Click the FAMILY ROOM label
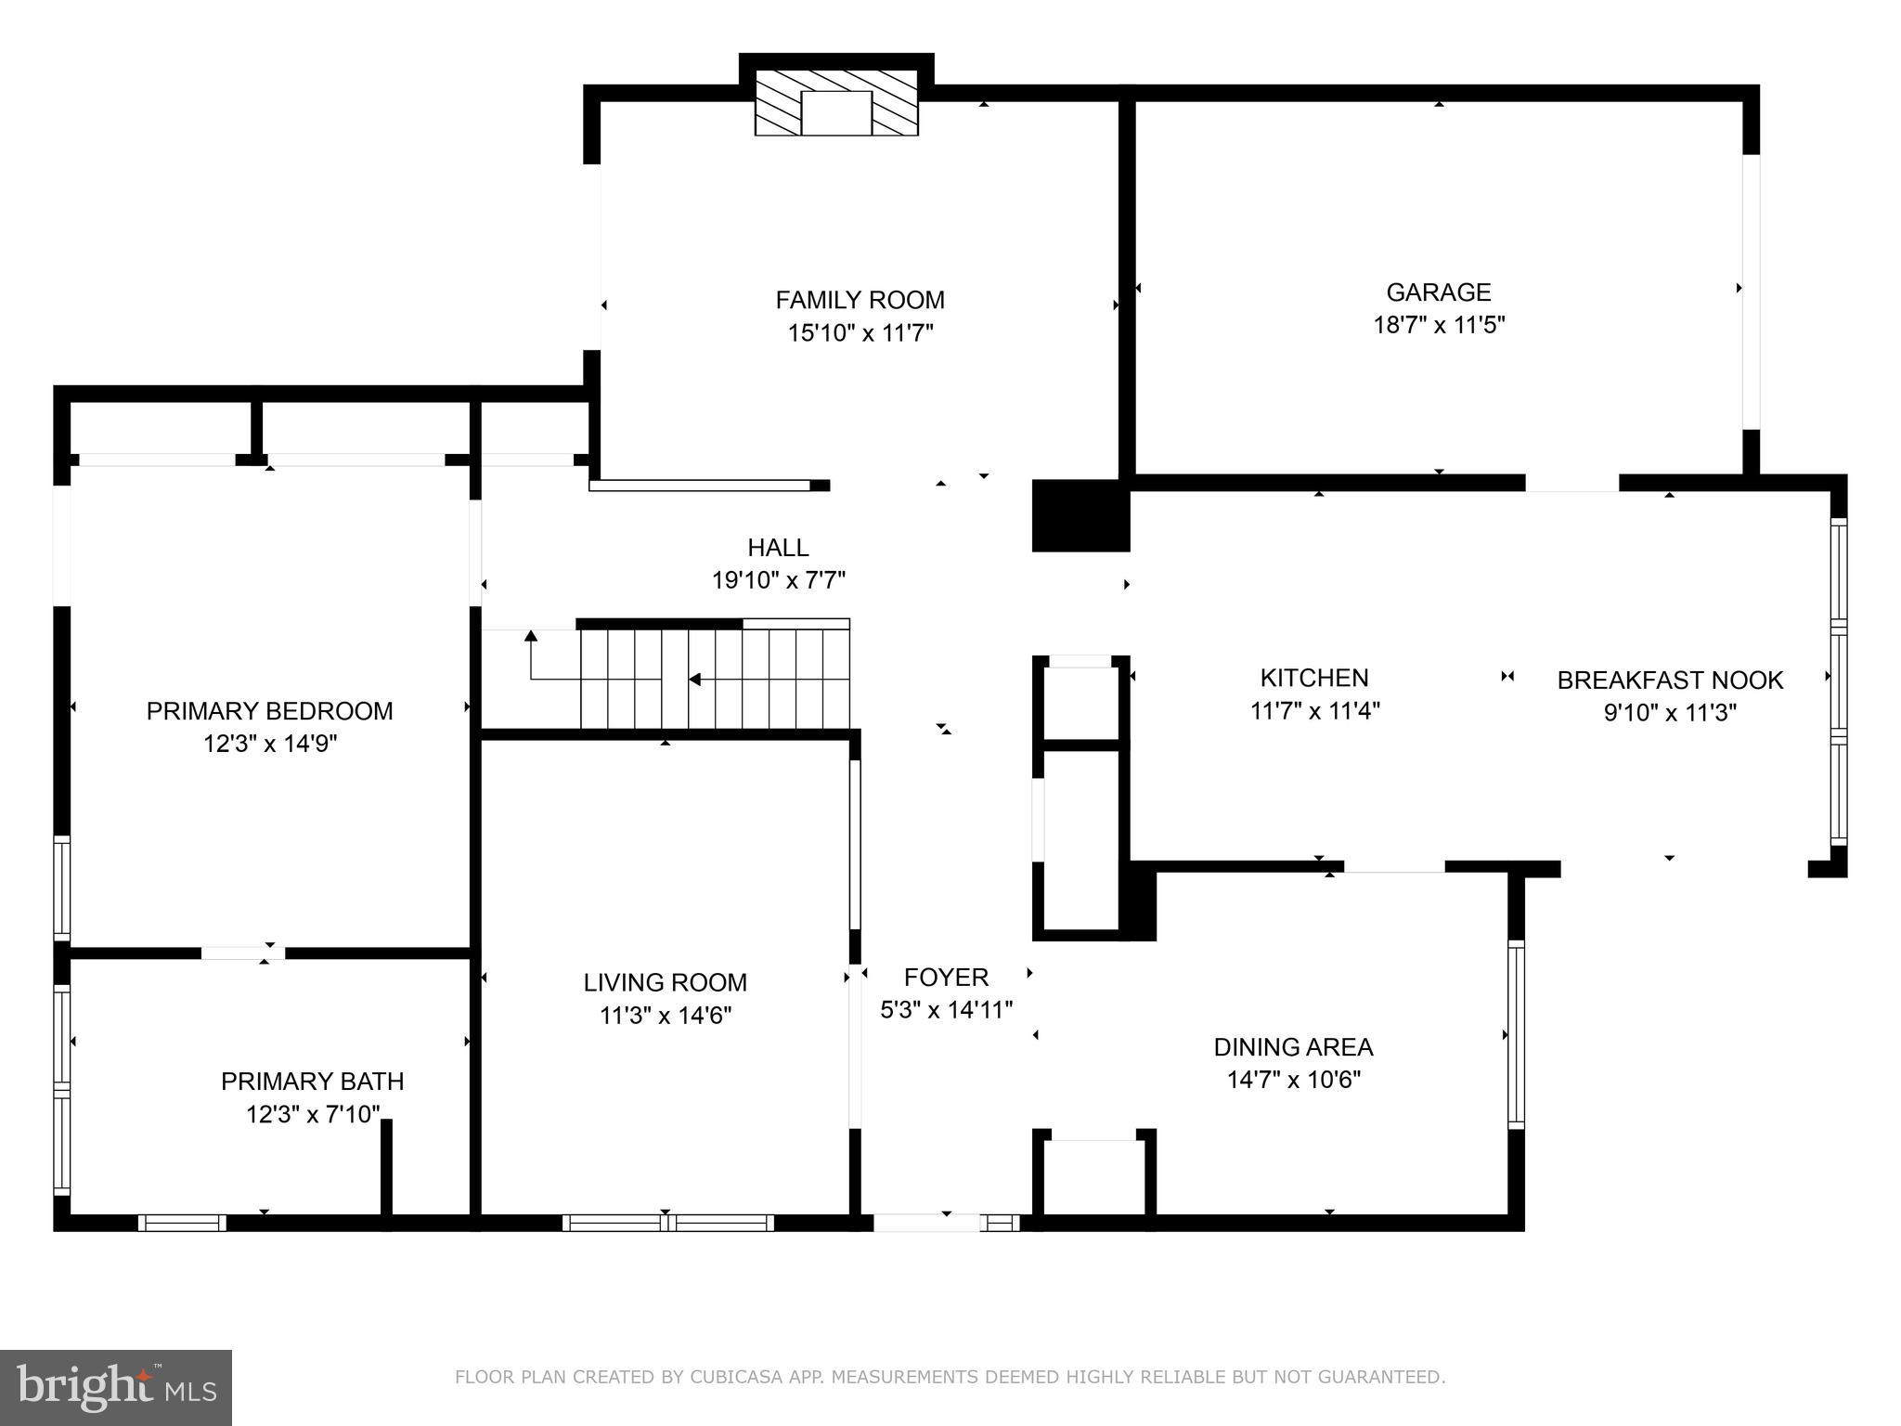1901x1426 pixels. (x=860, y=300)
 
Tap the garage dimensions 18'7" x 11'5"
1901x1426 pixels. (x=1438, y=325)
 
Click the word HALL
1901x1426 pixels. (x=778, y=548)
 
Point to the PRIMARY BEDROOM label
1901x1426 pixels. (x=269, y=711)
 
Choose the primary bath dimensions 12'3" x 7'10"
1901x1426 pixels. (x=313, y=1114)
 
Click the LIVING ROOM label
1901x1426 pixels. (x=665, y=982)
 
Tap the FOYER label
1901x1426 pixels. (x=946, y=977)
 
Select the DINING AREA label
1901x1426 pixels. (x=1293, y=1047)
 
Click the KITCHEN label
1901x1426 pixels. (x=1313, y=678)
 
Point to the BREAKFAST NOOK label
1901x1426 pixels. (x=1669, y=681)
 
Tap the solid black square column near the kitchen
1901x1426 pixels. (x=1080, y=515)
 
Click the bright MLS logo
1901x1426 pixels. (x=116, y=1387)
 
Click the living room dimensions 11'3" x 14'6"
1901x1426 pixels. (x=665, y=1016)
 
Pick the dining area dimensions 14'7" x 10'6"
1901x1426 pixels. (x=1293, y=1080)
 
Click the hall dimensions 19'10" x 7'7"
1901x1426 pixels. (x=778, y=581)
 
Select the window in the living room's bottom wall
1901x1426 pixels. (x=667, y=1223)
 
